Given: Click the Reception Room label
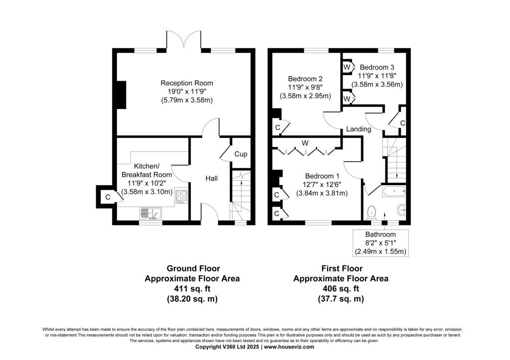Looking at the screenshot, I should pyautogui.click(x=187, y=83).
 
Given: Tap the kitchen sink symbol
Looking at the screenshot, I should pyautogui.click(x=149, y=214).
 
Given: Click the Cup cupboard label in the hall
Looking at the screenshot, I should pyautogui.click(x=241, y=154).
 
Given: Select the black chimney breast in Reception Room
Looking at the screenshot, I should pyautogui.click(x=120, y=94).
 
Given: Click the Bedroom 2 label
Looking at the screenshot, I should pyautogui.click(x=305, y=79).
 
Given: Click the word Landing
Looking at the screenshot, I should pyautogui.click(x=359, y=129).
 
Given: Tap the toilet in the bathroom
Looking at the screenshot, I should pyautogui.click(x=371, y=213).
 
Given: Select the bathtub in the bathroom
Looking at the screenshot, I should pyautogui.click(x=393, y=191).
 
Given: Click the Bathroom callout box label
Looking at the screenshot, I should pyautogui.click(x=381, y=235).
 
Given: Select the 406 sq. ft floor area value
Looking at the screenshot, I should pyautogui.click(x=341, y=289).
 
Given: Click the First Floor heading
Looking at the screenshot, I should pyautogui.click(x=341, y=268).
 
